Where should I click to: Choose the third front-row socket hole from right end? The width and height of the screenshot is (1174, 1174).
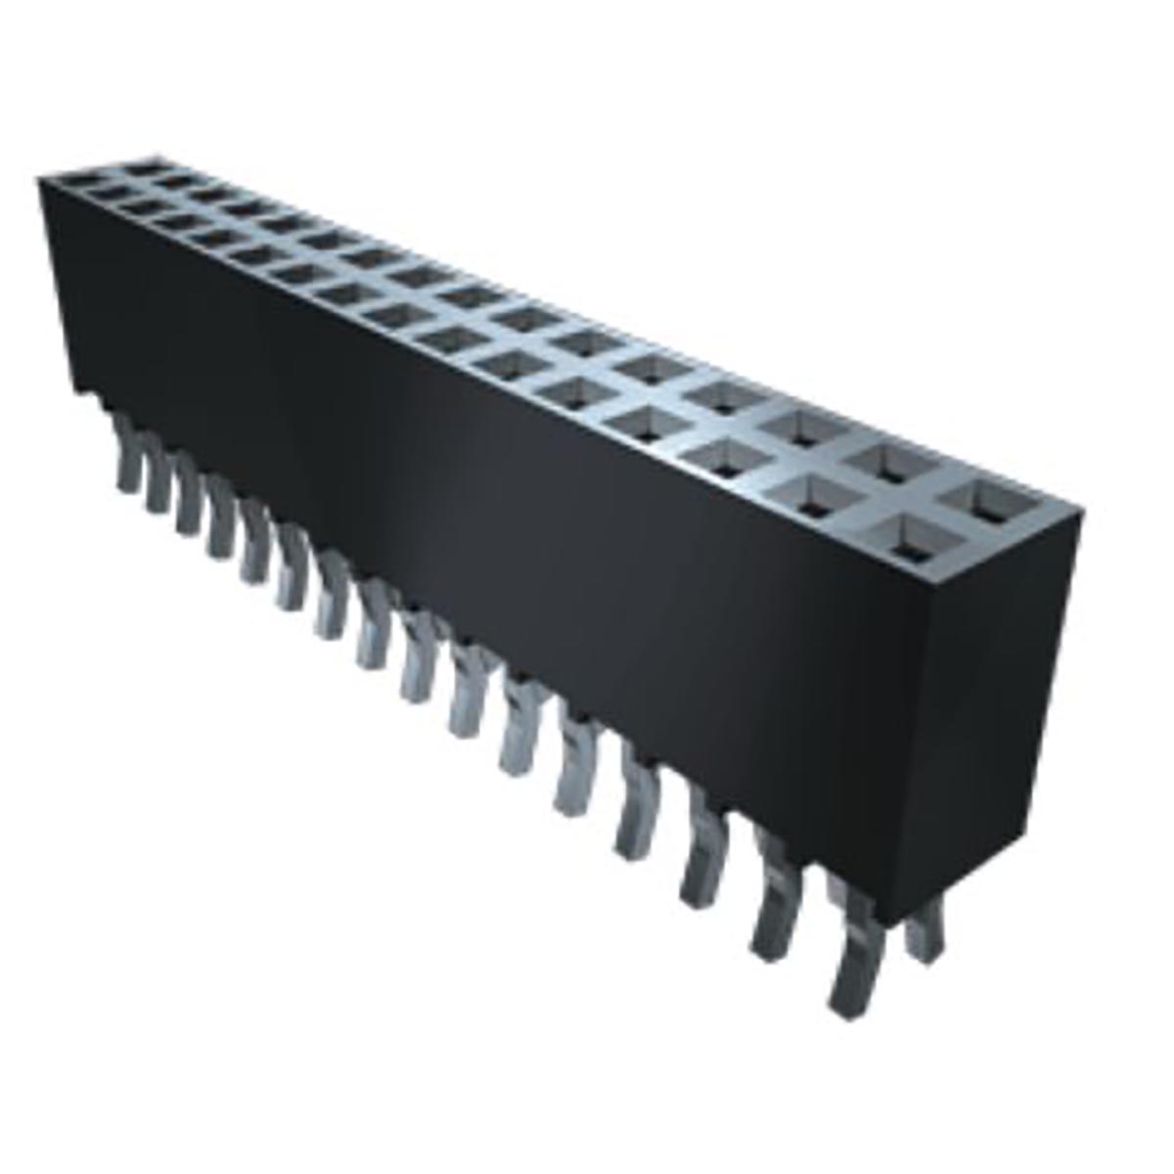[x=727, y=456]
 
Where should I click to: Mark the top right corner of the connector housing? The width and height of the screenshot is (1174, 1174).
[x=1081, y=509]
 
